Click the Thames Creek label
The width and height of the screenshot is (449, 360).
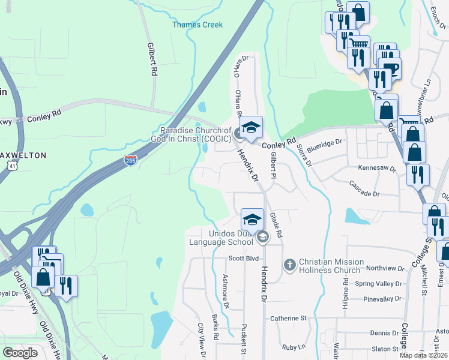coord(197,25)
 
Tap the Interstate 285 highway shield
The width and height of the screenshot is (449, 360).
coord(130,160)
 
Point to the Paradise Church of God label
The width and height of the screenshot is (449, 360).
coord(195,135)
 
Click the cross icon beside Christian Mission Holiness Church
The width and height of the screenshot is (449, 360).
coord(289,265)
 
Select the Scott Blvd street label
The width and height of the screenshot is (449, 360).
coord(243,259)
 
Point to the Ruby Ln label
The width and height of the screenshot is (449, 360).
coord(294,347)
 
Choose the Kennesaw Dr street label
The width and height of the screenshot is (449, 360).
coord(377,169)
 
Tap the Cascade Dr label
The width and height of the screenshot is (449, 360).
coord(364,194)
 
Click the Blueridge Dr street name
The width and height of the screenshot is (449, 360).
coord(324,143)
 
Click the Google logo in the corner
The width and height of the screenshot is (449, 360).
coord(20,353)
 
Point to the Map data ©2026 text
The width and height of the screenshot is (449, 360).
coord(424,355)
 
